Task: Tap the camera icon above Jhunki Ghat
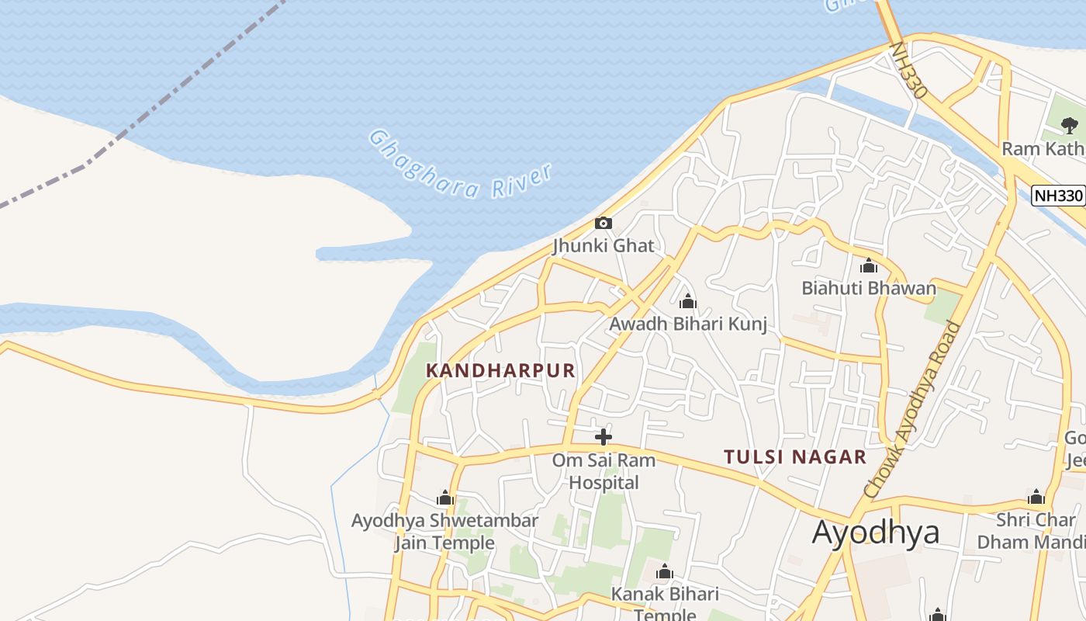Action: [x=603, y=224]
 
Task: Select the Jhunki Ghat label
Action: [x=603, y=246]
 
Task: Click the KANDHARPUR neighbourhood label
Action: [x=501, y=370]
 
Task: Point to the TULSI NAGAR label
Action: [x=795, y=456]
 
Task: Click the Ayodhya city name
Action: [x=876, y=533]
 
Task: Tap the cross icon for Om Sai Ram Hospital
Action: [x=603, y=437]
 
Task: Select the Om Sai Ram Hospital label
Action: [x=604, y=471]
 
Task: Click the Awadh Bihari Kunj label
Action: [x=688, y=324]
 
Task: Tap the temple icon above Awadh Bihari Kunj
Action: [x=687, y=301]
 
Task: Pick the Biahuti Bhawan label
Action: [x=869, y=289]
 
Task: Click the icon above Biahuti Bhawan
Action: [x=869, y=266]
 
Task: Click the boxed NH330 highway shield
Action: [x=1057, y=196]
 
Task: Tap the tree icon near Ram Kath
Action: [x=1070, y=125]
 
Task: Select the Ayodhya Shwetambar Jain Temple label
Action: [x=444, y=531]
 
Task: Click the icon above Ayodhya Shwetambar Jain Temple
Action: [x=444, y=498]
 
